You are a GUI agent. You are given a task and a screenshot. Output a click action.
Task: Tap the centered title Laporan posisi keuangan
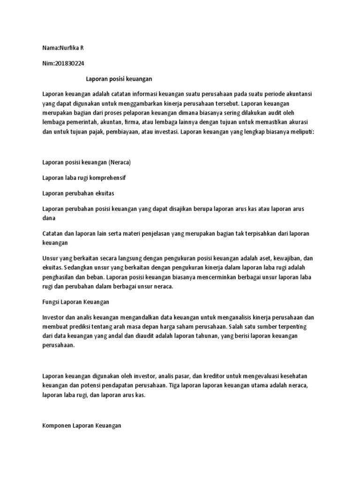pyautogui.click(x=120, y=79)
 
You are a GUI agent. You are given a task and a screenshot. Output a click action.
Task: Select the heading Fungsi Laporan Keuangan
pyautogui.click(x=75, y=302)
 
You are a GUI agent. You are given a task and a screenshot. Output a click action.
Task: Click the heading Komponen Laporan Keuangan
pyautogui.click(x=82, y=425)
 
